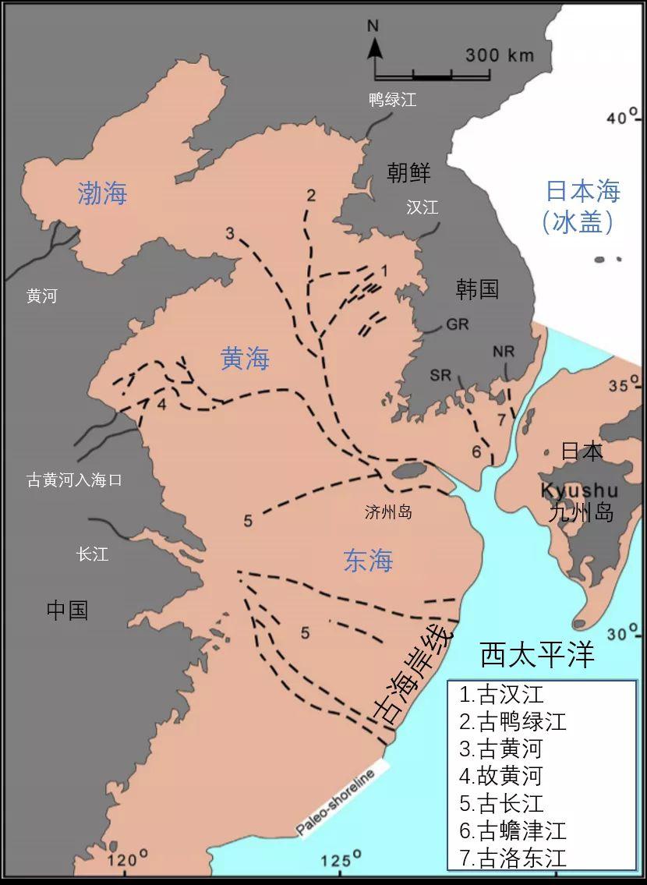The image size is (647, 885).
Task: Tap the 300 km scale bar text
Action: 500,55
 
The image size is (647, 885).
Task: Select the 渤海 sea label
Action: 102,193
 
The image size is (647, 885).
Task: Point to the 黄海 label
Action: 245,359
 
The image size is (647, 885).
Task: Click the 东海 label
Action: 368,561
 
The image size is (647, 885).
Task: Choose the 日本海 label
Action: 582,192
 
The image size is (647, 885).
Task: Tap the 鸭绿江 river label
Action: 393,100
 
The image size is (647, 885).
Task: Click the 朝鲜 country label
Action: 408,173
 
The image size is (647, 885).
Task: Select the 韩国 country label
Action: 477,289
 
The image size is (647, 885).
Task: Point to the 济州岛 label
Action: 388,512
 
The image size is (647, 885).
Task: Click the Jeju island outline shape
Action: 408,470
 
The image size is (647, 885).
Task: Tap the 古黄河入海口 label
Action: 74,480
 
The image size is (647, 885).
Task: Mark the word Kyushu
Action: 580,491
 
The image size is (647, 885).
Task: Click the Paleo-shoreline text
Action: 336,802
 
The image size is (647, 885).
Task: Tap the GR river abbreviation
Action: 458,324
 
